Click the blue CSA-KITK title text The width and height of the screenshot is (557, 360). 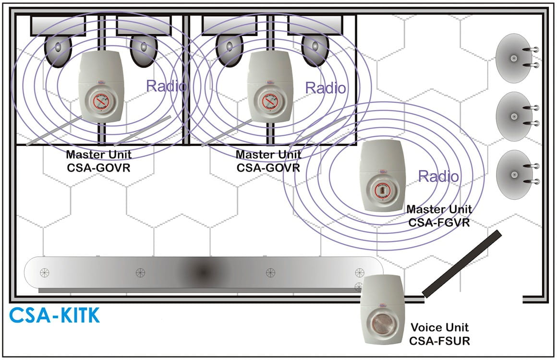[54, 315]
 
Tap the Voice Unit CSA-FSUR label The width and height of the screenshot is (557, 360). [439, 334]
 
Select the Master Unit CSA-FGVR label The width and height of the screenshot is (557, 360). [439, 216]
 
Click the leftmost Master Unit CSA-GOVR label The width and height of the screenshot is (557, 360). [99, 161]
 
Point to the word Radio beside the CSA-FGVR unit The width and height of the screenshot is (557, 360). [438, 176]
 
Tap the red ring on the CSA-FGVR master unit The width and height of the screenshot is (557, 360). [382, 191]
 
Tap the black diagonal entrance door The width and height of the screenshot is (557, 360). [462, 264]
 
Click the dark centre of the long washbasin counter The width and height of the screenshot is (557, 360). [203, 272]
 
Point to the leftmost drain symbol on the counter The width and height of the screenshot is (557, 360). [44, 273]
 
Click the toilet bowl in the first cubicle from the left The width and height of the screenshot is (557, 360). [58, 51]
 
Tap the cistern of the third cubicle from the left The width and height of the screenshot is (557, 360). [230, 25]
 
